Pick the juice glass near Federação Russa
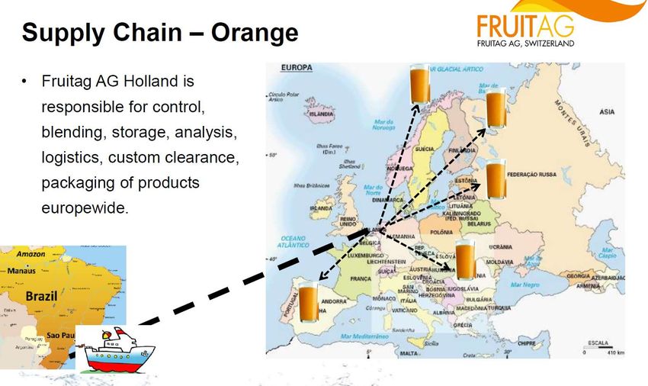click(496, 181)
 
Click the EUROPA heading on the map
click(297, 69)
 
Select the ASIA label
click(607, 112)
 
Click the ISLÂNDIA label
click(320, 114)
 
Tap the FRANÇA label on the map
click(360, 279)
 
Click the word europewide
click(85, 207)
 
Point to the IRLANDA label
click(320, 207)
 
